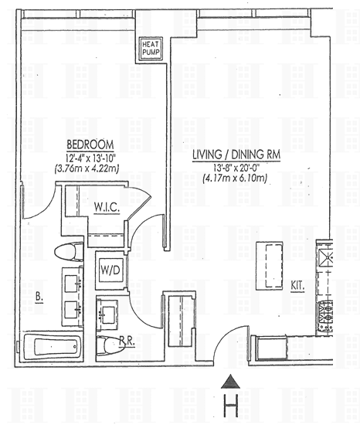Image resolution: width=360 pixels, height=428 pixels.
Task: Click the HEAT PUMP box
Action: [151, 49]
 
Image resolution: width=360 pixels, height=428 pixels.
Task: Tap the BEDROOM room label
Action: [90, 144]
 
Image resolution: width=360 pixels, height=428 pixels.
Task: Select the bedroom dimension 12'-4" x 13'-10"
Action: [90, 158]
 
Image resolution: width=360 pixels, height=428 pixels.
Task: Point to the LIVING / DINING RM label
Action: [236, 155]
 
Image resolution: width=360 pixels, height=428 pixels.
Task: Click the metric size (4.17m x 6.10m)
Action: [235, 178]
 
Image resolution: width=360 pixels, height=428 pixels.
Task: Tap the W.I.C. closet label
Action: [107, 208]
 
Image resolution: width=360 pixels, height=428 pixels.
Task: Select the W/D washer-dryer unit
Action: [110, 270]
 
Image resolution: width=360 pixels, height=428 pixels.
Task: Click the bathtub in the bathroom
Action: [52, 346]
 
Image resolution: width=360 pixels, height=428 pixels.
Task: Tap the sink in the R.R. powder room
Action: [108, 315]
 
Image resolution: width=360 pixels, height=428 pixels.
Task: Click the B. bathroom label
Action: [39, 297]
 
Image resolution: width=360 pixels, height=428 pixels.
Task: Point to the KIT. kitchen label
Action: [297, 286]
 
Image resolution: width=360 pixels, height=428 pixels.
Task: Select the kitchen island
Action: [269, 266]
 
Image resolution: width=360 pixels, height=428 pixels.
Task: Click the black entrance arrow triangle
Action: [231, 382]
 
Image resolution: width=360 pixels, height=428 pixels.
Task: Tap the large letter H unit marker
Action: [231, 406]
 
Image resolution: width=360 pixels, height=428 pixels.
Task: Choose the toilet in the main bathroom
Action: [69, 252]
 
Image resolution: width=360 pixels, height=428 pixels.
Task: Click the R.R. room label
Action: [127, 341]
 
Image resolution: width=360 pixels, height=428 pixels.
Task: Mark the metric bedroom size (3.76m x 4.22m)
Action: [87, 168]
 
